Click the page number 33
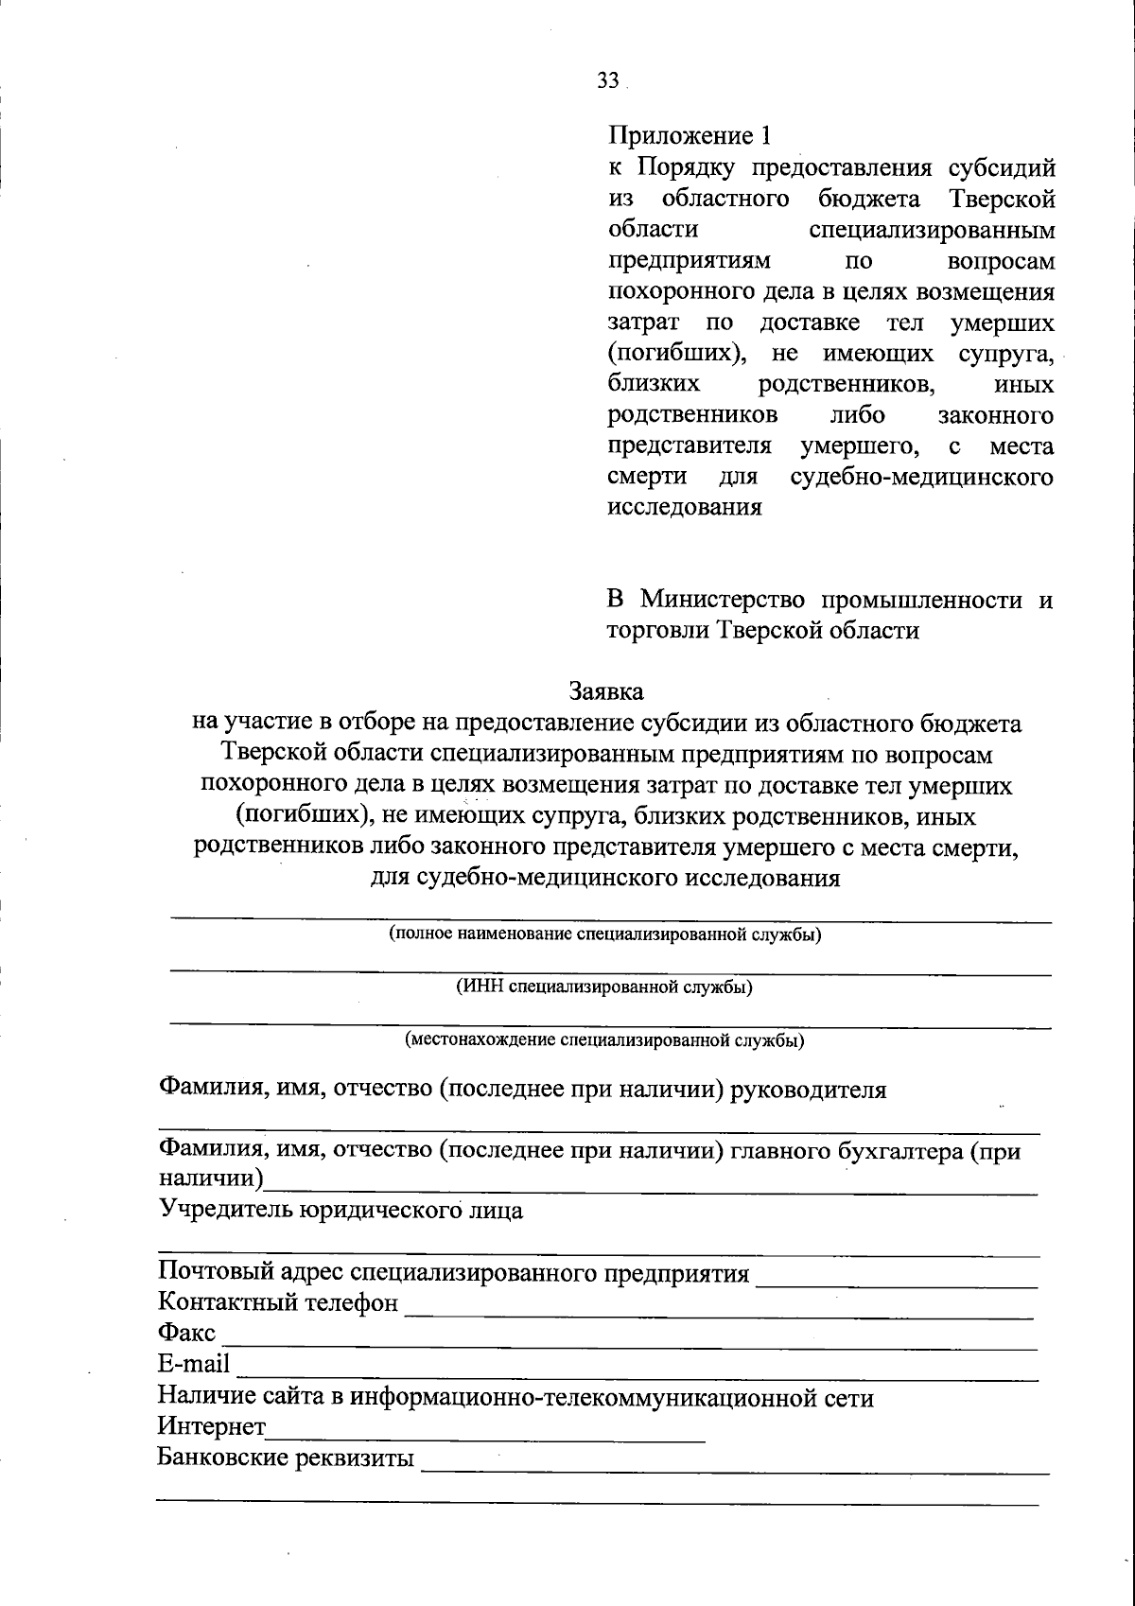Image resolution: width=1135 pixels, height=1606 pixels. point(607,82)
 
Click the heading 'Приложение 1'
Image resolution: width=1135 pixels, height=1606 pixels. point(690,137)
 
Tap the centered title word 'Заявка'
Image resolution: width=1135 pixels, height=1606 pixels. point(606,691)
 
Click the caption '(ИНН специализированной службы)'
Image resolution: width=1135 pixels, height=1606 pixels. point(605,987)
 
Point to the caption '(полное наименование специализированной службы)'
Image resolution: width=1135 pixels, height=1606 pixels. point(605,934)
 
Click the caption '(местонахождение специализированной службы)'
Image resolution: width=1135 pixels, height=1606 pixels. point(605,1040)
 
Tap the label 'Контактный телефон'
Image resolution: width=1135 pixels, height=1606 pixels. point(278,1302)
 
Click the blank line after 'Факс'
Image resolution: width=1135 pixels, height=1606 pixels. point(629,1345)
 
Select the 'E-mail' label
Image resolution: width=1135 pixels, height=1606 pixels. point(194,1364)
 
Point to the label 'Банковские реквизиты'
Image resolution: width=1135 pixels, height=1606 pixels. point(286,1458)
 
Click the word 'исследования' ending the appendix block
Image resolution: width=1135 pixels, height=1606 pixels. point(684,508)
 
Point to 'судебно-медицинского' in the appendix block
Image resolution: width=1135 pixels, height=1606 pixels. point(922,477)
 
